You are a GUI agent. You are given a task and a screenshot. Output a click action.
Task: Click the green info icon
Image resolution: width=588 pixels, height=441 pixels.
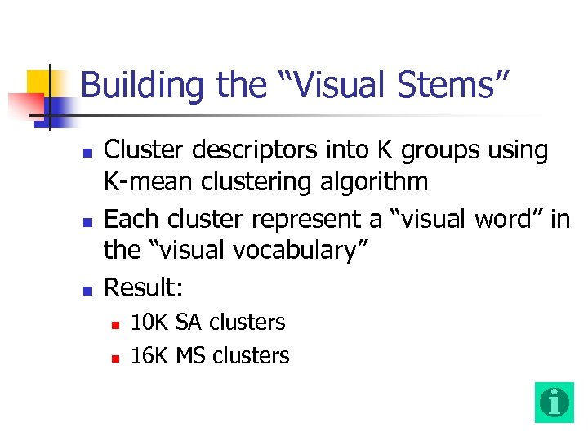(555, 402)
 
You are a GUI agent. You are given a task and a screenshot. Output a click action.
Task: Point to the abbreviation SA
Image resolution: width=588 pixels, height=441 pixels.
(189, 323)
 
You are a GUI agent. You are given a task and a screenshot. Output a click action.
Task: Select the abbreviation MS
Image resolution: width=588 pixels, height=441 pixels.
(191, 356)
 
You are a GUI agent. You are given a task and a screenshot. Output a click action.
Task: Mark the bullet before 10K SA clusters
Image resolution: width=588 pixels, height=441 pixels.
(115, 324)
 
